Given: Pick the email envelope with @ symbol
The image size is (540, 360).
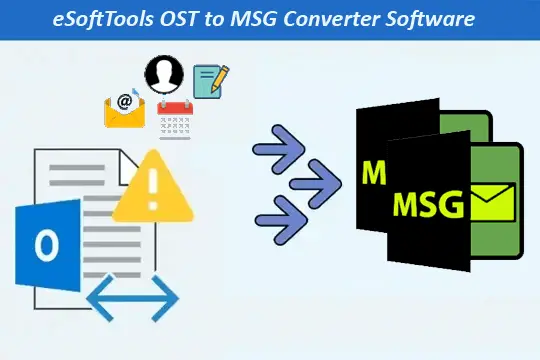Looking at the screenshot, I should point(125,109).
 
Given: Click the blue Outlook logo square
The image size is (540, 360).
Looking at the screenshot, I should point(45,245).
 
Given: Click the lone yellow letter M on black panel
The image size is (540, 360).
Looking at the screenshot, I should point(374,173).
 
